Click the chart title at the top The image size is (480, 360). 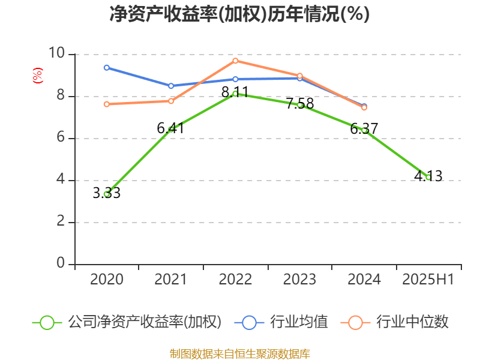pyautogui.click(x=239, y=14)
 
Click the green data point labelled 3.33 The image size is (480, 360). pyautogui.click(x=107, y=194)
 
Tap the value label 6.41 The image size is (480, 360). pyautogui.click(x=171, y=128)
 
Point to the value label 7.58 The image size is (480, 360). pyautogui.click(x=300, y=103)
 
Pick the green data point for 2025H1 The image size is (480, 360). pyautogui.click(x=428, y=177)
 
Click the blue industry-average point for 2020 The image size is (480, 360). pyautogui.click(x=107, y=67)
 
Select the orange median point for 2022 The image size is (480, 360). pyautogui.click(x=236, y=61)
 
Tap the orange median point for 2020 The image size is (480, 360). pyautogui.click(x=107, y=104)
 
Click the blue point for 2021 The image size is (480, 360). pyautogui.click(x=171, y=86)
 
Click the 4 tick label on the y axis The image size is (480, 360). pyautogui.click(x=61, y=180)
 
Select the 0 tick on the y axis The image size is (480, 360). pyautogui.click(x=61, y=263)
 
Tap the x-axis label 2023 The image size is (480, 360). pyautogui.click(x=300, y=280)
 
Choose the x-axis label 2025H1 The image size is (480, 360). pyautogui.click(x=428, y=280)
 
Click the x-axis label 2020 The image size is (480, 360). pyautogui.click(x=107, y=280)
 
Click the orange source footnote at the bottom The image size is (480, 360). pyautogui.click(x=240, y=353)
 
